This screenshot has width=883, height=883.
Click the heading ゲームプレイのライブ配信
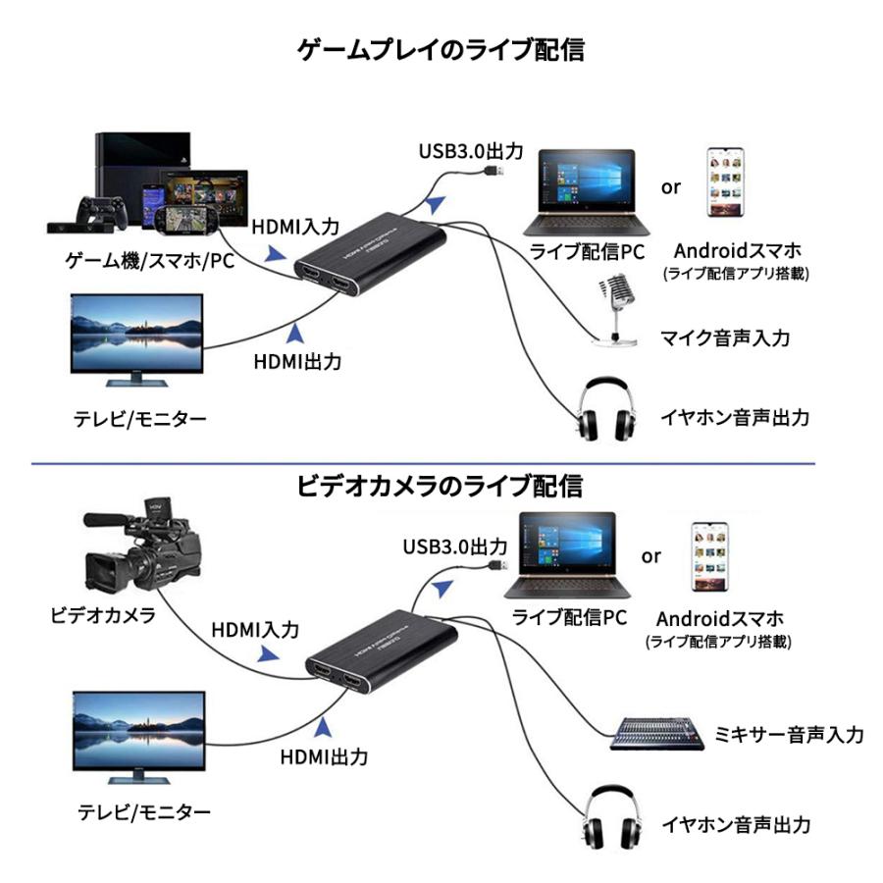pos(441,50)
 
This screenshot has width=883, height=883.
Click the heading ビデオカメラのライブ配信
pos(441,486)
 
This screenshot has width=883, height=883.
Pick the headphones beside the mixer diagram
pos(614,820)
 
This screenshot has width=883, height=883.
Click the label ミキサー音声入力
pos(790,735)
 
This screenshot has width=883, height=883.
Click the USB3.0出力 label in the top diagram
pos(471,151)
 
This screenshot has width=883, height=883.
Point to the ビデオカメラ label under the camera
pos(103,615)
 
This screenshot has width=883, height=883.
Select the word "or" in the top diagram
pos(670,186)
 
